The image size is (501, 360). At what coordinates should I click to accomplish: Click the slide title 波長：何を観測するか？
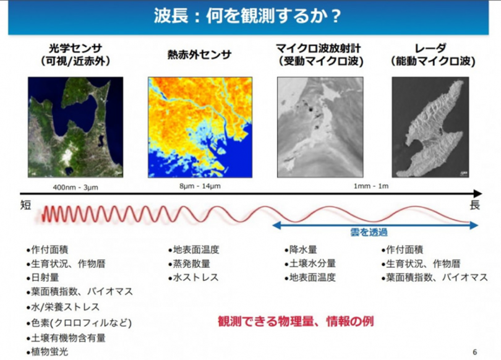point(247,16)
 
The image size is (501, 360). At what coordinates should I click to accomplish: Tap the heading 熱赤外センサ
point(199,54)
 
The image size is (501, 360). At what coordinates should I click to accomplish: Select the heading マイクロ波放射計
point(319,48)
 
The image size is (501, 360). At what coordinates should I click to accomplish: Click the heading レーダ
point(430,48)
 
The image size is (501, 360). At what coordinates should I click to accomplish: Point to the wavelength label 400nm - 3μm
point(75,187)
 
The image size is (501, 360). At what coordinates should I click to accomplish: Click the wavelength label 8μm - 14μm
point(200,186)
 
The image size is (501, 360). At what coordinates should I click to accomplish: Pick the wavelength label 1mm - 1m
point(371,186)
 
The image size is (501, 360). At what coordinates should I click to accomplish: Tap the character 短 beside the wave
point(25,205)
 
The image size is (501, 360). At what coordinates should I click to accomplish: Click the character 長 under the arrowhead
point(475,205)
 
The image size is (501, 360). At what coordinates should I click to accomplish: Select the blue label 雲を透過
point(369,232)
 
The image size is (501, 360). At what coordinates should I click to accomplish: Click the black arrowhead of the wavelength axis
point(477,193)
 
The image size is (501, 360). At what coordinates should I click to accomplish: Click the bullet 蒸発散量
point(189,264)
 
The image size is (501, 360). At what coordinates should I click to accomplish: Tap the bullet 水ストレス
point(194,277)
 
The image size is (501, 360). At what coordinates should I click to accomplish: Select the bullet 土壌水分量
point(310,264)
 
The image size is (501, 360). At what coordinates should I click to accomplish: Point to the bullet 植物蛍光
point(47,352)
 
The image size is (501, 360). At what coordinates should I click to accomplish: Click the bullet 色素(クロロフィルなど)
point(79,323)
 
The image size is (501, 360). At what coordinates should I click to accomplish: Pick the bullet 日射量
point(43,277)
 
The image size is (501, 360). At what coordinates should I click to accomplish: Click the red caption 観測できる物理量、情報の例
point(296,321)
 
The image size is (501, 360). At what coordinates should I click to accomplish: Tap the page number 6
point(475,352)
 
